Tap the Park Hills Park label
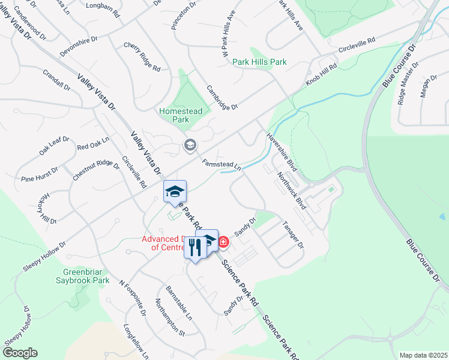pyautogui.click(x=259, y=62)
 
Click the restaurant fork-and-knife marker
pyautogui.click(x=194, y=247)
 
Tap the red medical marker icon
pyautogui.click(x=223, y=242)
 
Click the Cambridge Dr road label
pyautogui.click(x=223, y=97)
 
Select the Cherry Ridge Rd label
pyautogui.click(x=142, y=57)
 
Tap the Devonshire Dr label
pyautogui.click(x=78, y=46)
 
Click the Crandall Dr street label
pyautogui.click(x=56, y=81)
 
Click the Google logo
pyautogui.click(x=20, y=353)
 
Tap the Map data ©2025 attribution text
pyautogui.click(x=423, y=355)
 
